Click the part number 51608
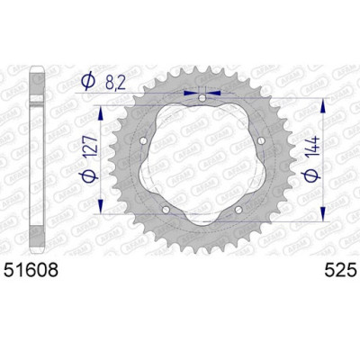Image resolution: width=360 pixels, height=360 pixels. [40, 268]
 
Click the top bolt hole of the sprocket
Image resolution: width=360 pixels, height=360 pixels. [203, 97]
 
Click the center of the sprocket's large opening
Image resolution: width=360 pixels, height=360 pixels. [203, 158]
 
